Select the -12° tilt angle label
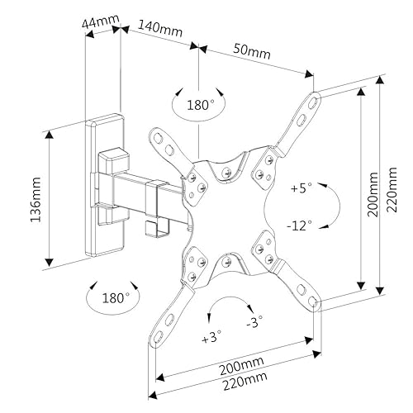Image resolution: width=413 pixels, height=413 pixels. click(x=301, y=225)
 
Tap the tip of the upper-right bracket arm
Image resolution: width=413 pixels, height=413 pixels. click(x=316, y=99)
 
